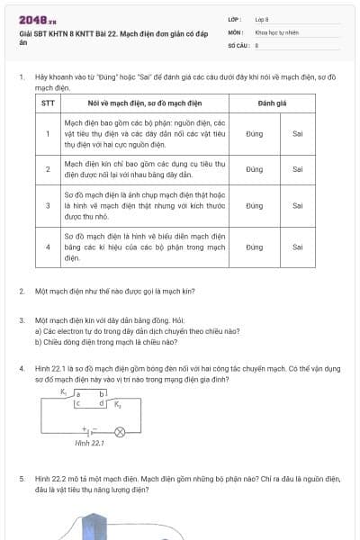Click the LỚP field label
235,19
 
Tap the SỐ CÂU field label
237,44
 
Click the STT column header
48,103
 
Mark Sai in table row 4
298,247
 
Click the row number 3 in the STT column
48,206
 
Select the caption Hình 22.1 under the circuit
89,444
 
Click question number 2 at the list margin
22,292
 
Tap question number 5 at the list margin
22,480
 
